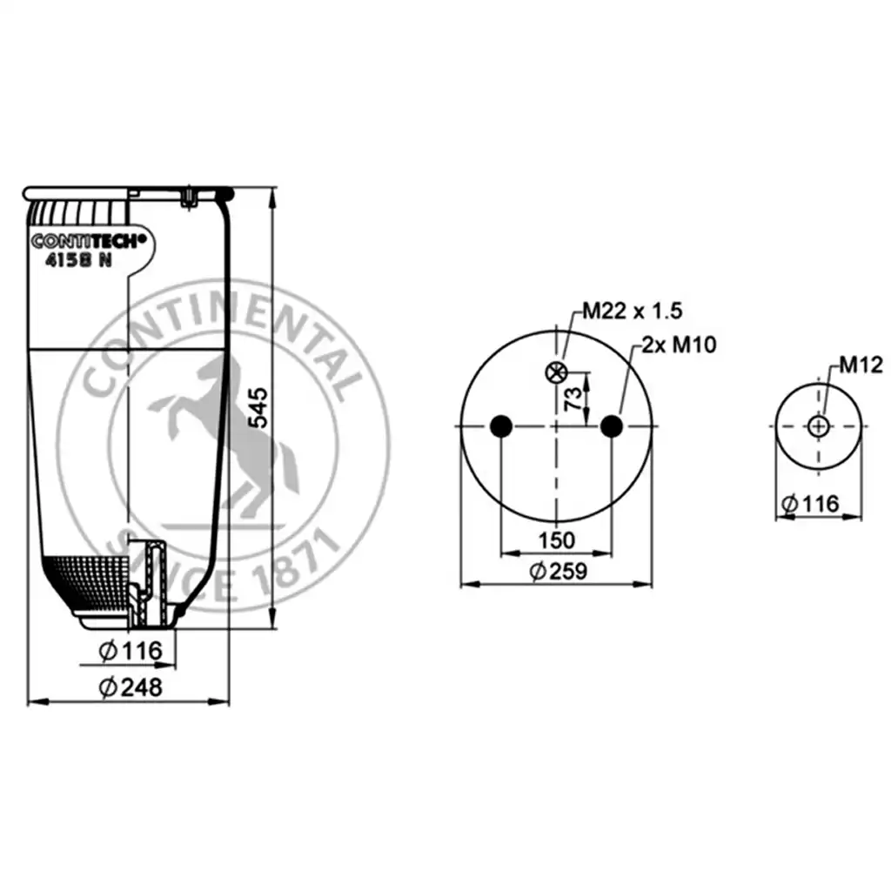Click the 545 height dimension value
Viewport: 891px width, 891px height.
(x=258, y=407)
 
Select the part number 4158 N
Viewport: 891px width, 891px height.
(x=78, y=259)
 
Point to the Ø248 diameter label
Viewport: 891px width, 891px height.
(x=131, y=687)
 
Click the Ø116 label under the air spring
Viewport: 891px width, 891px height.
(x=131, y=650)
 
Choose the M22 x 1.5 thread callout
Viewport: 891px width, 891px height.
(x=632, y=311)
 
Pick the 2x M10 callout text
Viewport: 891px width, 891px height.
(x=679, y=345)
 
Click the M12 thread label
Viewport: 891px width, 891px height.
(x=861, y=365)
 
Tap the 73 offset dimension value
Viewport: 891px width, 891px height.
(x=574, y=399)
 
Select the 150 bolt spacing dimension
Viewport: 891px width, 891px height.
(x=556, y=539)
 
